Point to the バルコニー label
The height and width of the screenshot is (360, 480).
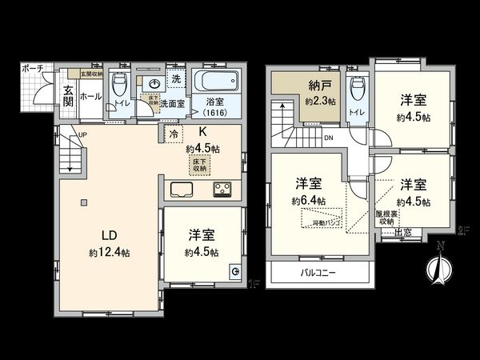tap(318, 273)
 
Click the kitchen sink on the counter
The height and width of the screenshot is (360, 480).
tap(182, 190)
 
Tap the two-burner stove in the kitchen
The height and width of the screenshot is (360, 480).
tap(222, 190)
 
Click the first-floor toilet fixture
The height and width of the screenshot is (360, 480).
tap(120, 85)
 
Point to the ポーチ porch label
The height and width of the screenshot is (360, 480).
tap(32, 70)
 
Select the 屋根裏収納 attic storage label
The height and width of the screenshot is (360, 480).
tap(387, 218)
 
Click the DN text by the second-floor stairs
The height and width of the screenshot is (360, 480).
tap(329, 138)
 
